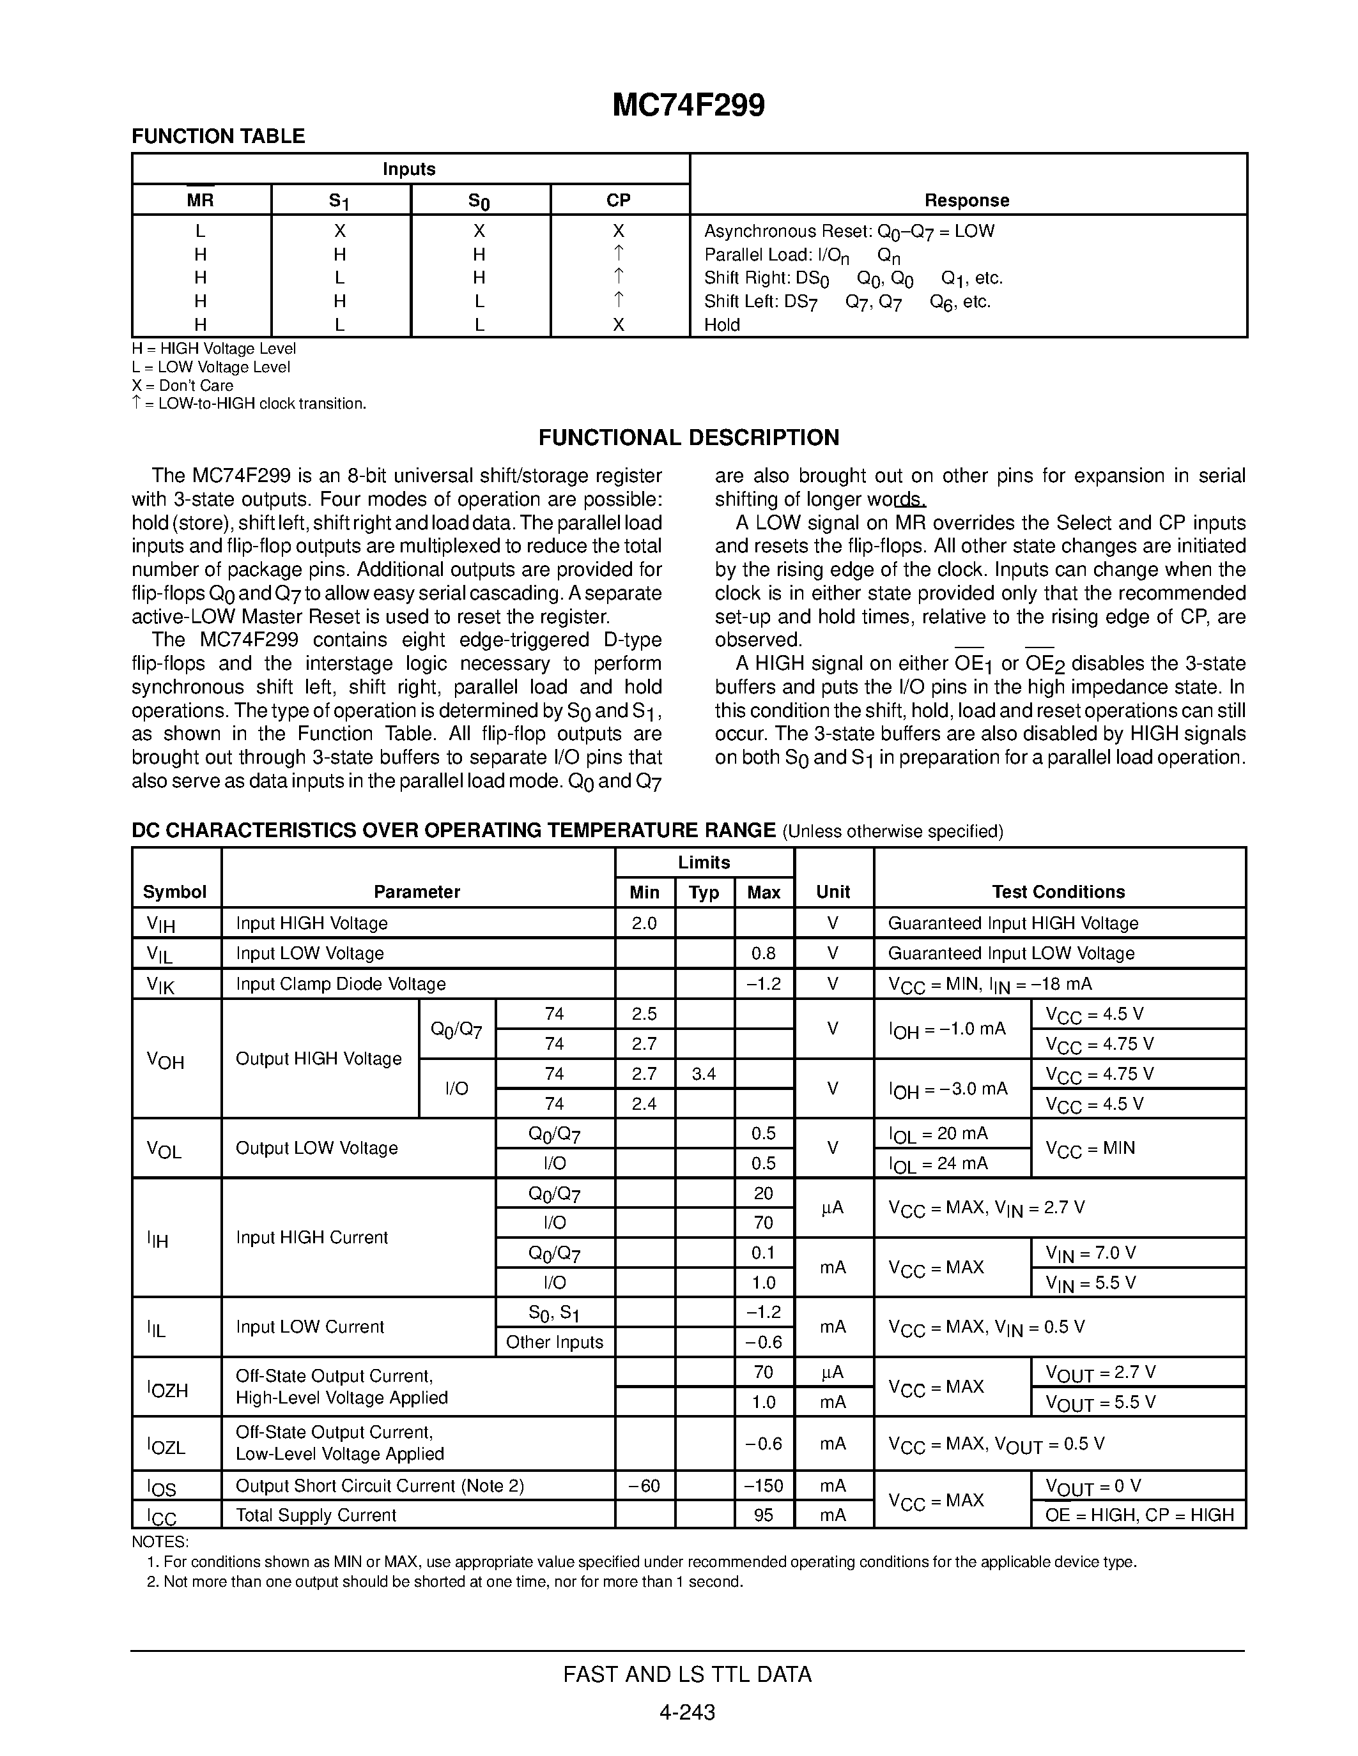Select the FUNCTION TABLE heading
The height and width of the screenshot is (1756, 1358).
[218, 136]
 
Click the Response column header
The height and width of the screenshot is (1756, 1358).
[966, 201]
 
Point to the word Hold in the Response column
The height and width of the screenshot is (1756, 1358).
[721, 325]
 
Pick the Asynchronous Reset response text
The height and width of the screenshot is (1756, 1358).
[849, 232]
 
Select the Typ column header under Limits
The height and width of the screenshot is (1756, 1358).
[704, 893]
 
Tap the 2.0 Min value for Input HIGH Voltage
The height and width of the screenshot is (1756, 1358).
[644, 923]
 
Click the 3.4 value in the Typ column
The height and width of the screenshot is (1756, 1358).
[704, 1073]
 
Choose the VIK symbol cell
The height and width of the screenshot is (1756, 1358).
[161, 984]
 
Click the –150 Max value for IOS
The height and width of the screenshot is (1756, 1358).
[764, 1485]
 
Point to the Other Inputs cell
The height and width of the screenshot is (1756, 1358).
[554, 1342]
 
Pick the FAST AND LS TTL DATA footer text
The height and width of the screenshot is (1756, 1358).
[687, 1674]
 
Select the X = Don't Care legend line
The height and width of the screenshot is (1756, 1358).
[183, 385]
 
